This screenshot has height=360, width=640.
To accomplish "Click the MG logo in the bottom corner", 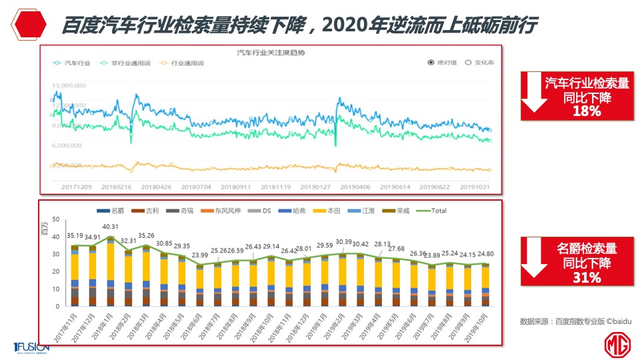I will pyautogui.click(x=617, y=345).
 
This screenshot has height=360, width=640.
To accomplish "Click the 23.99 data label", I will pyautogui.click(x=199, y=255).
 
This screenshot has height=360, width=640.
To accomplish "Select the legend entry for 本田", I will pyautogui.click(x=333, y=211).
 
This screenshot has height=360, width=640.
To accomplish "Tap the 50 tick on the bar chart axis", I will pyautogui.click(x=56, y=219).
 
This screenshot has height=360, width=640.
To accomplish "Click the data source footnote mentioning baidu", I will pyautogui.click(x=575, y=321).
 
